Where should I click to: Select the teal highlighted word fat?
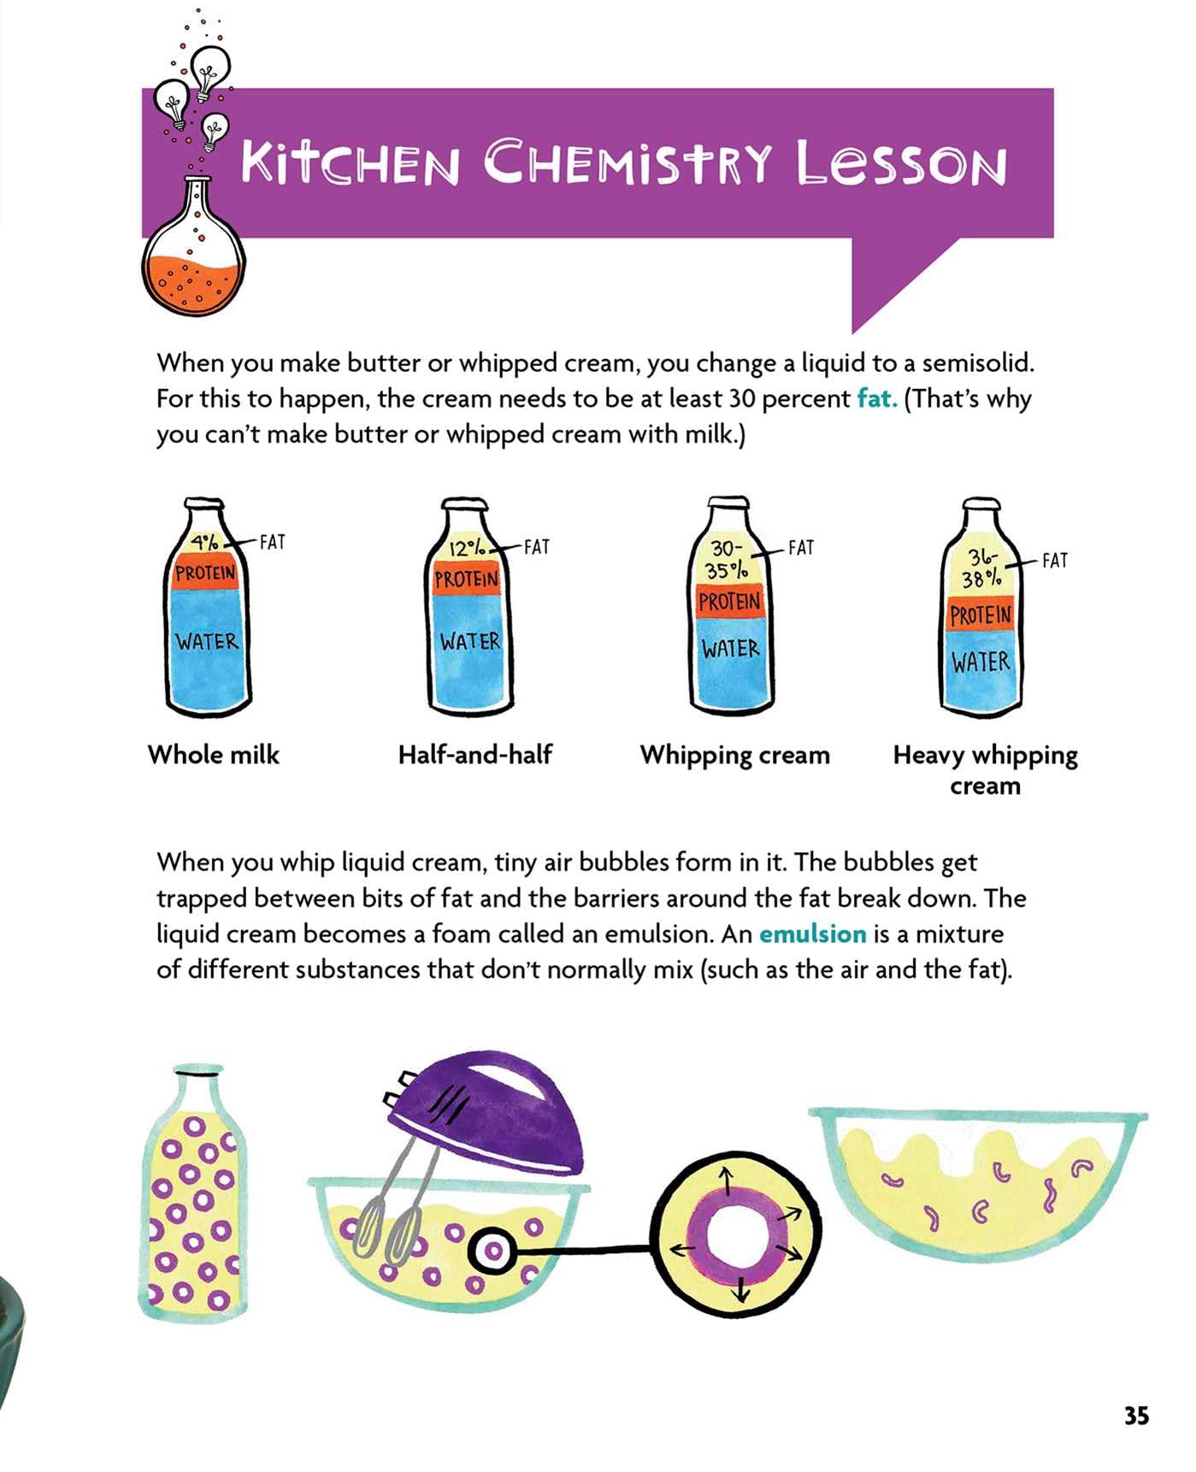[x=877, y=398]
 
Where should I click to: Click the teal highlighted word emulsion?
[x=812, y=933]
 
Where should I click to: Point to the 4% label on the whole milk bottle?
[x=204, y=543]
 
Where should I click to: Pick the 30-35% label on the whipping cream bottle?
[x=727, y=559]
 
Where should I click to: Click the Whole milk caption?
[x=214, y=755]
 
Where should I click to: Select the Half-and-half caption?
[x=475, y=755]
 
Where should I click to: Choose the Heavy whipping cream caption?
[x=985, y=769]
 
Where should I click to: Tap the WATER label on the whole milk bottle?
[x=207, y=641]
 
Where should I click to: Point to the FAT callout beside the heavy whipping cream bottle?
[x=1055, y=561]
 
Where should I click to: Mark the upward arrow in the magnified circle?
[x=727, y=1183]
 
